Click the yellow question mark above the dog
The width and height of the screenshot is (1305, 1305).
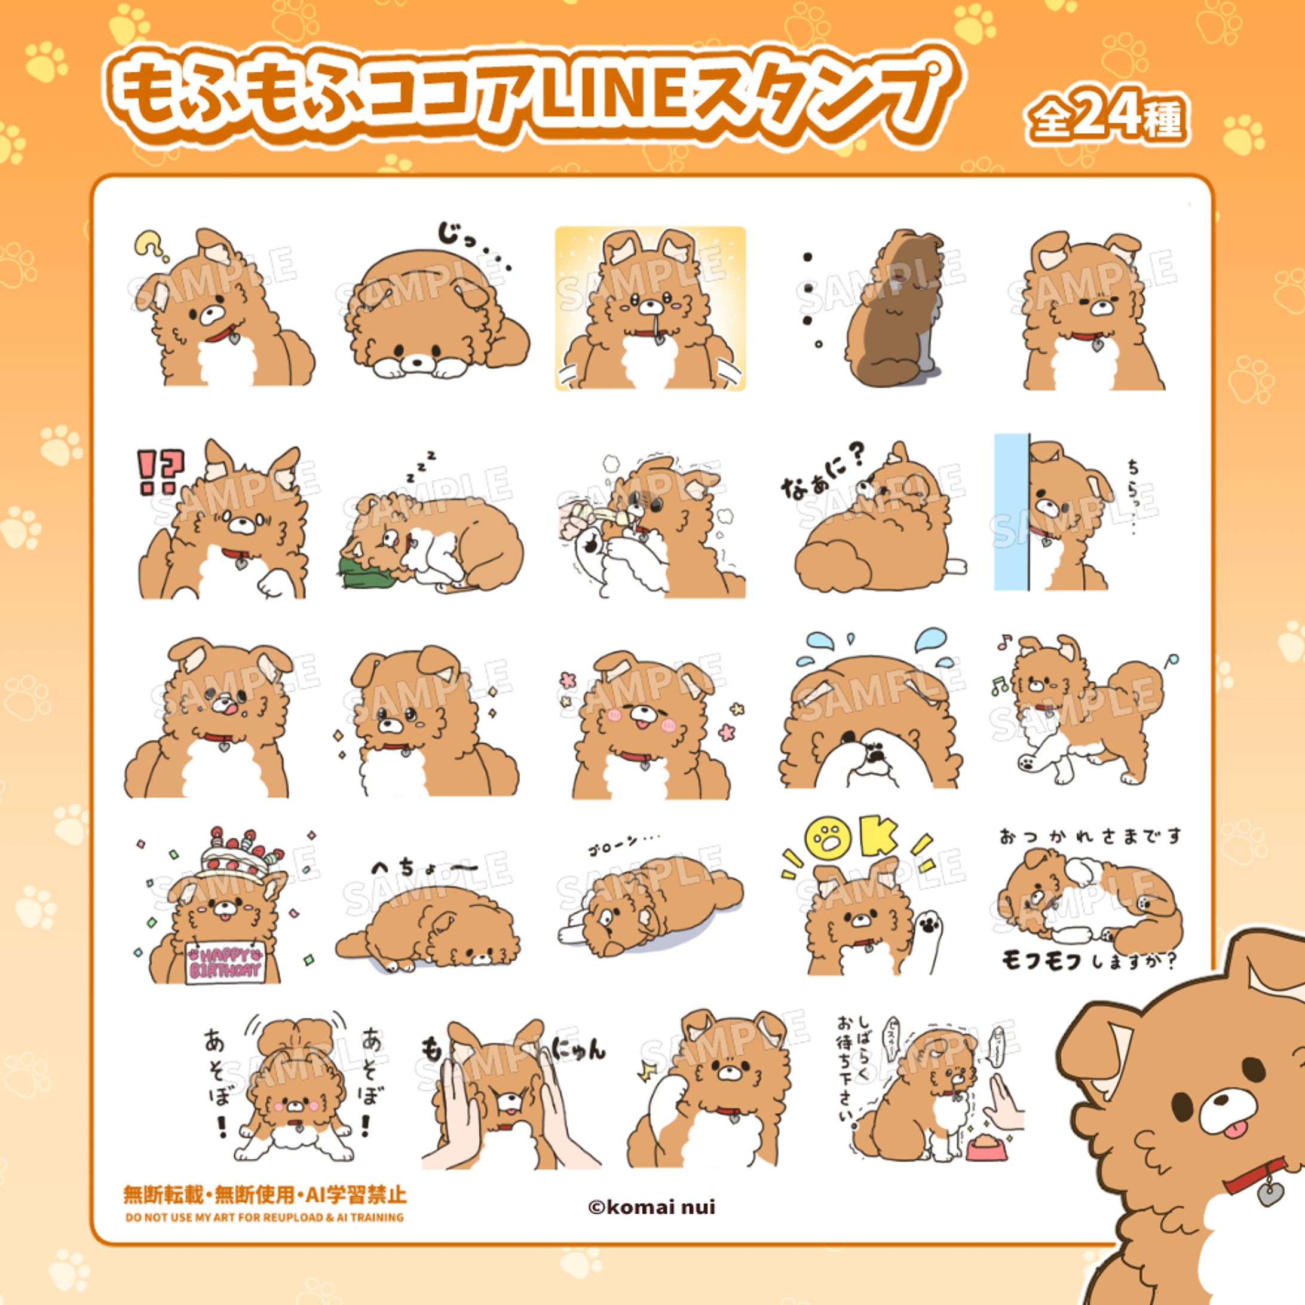tap(149, 244)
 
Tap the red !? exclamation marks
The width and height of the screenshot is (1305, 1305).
tap(160, 471)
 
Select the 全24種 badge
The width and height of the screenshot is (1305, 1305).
tap(1106, 120)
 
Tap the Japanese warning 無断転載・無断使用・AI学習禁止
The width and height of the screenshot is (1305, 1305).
tap(265, 1194)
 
